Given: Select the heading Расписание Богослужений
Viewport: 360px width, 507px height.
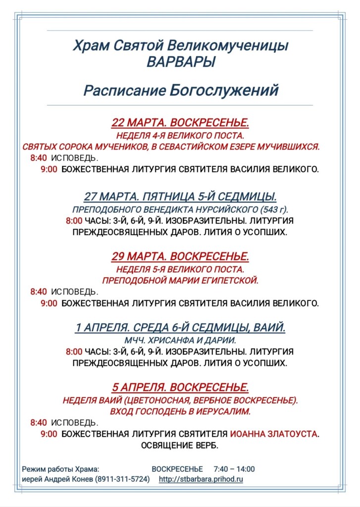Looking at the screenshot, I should [x=181, y=91].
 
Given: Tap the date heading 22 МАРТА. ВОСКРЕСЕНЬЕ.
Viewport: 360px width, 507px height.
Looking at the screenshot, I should [x=180, y=123].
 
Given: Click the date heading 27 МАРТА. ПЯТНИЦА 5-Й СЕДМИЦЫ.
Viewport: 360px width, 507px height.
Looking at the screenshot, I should [x=180, y=197].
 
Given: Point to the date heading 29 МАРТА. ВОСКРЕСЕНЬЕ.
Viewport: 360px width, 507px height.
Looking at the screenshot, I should [x=180, y=256].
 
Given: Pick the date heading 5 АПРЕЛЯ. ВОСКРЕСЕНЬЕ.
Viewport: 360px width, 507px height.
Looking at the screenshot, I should [x=180, y=387].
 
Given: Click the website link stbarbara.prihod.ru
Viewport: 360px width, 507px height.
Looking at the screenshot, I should [x=201, y=479].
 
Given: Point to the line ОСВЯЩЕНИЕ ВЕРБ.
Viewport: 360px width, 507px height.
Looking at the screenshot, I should [x=180, y=445].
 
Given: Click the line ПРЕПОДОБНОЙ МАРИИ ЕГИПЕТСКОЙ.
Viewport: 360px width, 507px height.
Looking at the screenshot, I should [x=180, y=281].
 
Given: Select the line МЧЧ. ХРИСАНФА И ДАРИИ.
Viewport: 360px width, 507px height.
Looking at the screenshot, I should [x=180, y=340].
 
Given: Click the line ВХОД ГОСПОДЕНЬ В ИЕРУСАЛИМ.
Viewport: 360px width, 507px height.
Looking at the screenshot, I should [x=180, y=411].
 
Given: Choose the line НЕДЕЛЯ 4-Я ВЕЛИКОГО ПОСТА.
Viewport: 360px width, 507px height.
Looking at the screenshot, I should [x=180, y=135].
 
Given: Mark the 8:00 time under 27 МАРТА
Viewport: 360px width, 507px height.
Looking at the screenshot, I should [x=74, y=220].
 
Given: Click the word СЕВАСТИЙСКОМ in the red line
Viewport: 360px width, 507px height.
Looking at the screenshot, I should [x=190, y=147].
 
